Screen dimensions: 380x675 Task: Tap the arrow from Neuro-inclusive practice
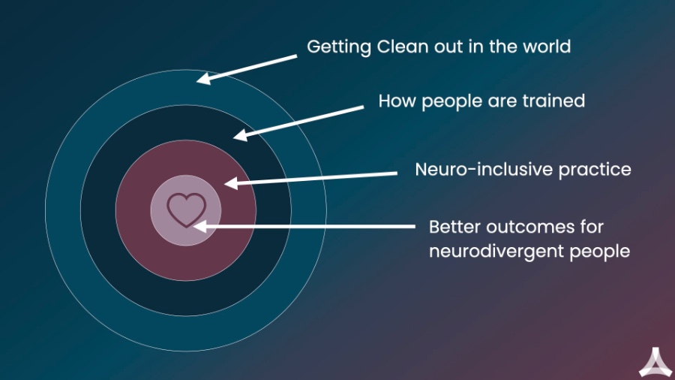pyautogui.click(x=310, y=178)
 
